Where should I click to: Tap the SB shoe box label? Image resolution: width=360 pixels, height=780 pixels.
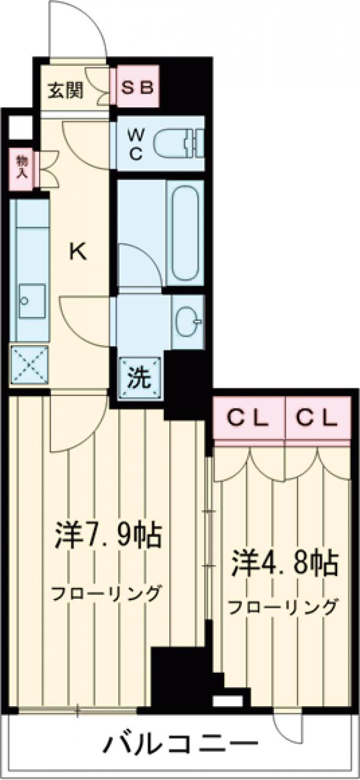pyautogui.click(x=137, y=88)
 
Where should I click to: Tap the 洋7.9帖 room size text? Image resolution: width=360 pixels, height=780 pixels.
pyautogui.click(x=109, y=535)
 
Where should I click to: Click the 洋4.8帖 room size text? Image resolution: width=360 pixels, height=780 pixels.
pyautogui.click(x=283, y=563)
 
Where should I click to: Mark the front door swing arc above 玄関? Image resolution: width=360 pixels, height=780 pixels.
pyautogui.click(x=78, y=30)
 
